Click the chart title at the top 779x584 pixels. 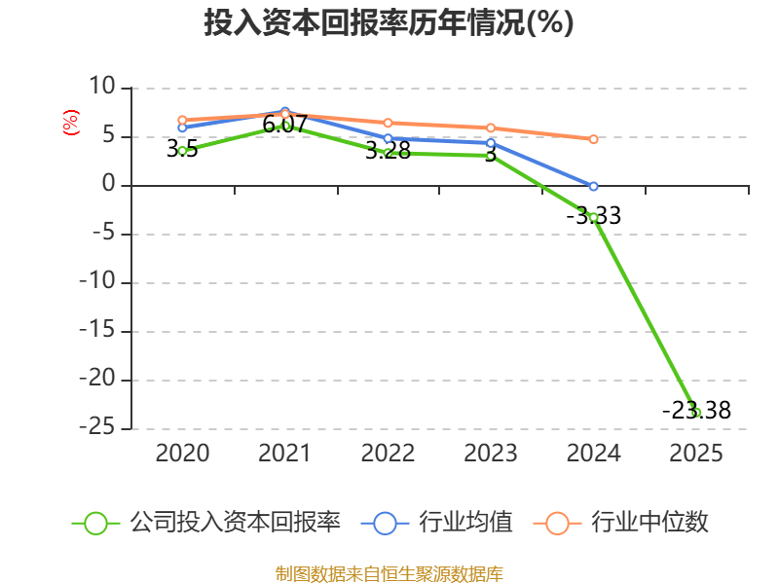coord(389,23)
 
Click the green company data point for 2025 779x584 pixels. coord(696,413)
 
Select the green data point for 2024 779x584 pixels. coord(593,217)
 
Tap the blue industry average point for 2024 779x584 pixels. coord(593,186)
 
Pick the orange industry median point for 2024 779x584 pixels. coord(593,139)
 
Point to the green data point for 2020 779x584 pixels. coord(182,151)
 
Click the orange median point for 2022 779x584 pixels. coord(388,123)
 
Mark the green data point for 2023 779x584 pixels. coord(491,156)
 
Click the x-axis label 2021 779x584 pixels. coord(284,454)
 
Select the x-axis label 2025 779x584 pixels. coord(696,454)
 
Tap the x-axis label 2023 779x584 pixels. coord(491,454)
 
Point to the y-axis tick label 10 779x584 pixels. coord(101,88)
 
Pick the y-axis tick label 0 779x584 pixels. coord(108,185)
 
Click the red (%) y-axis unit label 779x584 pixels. coord(70,123)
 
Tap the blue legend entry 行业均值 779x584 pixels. coord(437,523)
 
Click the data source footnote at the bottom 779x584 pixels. coord(389,573)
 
